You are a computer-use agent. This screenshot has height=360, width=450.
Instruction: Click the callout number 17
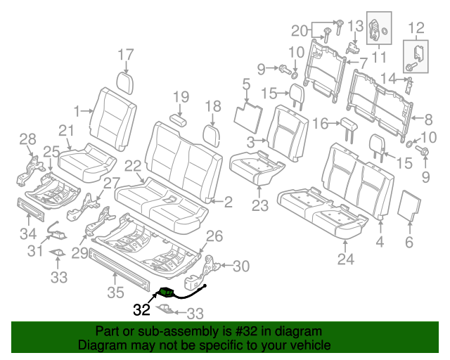[125, 54]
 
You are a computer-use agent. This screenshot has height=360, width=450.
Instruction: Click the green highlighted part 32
[167, 292]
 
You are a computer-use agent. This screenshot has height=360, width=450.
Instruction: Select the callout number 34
[28, 233]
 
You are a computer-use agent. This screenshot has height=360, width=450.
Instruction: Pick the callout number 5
[245, 85]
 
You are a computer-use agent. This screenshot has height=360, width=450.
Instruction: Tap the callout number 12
[416, 27]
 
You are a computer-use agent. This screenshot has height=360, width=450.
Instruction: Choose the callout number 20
[300, 30]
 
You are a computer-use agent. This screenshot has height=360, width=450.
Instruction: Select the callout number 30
[240, 266]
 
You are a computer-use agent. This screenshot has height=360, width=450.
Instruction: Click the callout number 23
[260, 206]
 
